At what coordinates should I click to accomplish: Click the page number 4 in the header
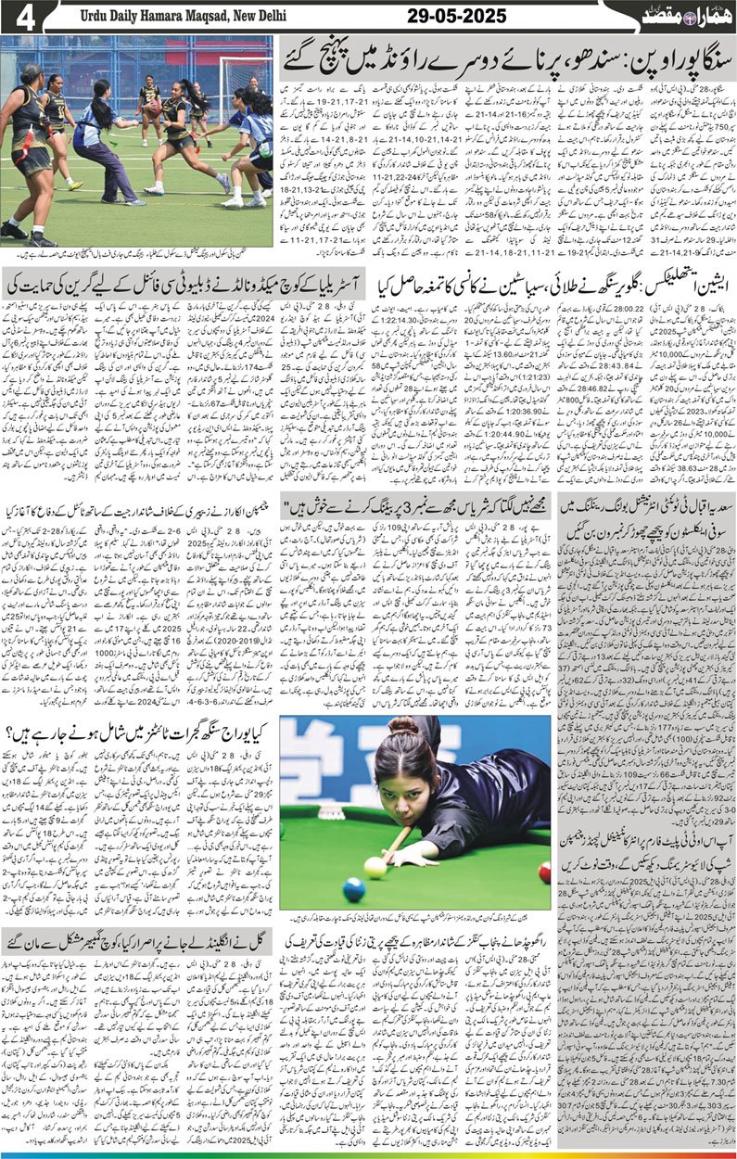coord(18,16)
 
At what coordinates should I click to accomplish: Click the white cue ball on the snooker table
coord(375,867)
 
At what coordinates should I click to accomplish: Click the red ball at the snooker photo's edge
coord(544,873)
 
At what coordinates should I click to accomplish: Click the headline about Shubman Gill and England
coord(139,938)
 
